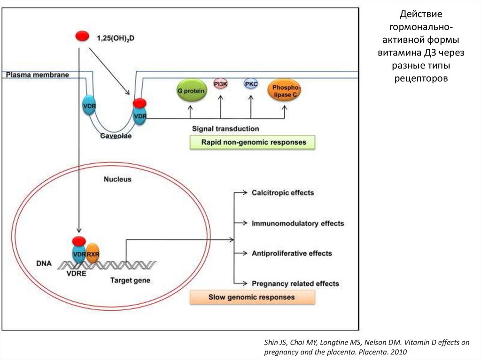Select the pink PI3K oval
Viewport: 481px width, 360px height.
(x=220, y=84)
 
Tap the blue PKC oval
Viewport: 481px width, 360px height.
(x=251, y=84)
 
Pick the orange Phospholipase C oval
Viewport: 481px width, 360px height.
(x=284, y=91)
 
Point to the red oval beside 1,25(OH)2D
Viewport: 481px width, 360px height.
(x=82, y=36)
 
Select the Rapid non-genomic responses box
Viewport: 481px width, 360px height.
(x=252, y=142)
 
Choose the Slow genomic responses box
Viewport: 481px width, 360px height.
(x=252, y=297)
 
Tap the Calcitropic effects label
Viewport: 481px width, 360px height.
(x=283, y=193)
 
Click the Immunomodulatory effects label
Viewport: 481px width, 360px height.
(x=298, y=223)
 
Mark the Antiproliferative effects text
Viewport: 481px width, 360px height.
(x=292, y=253)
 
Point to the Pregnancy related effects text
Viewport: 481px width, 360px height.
(x=295, y=283)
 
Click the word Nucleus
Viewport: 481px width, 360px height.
(x=117, y=179)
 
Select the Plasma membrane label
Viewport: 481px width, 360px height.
(x=38, y=75)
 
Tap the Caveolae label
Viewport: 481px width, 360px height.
(x=116, y=136)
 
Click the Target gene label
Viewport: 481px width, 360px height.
(x=131, y=280)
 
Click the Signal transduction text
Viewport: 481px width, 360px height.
(x=225, y=128)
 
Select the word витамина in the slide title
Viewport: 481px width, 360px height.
(x=400, y=53)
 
